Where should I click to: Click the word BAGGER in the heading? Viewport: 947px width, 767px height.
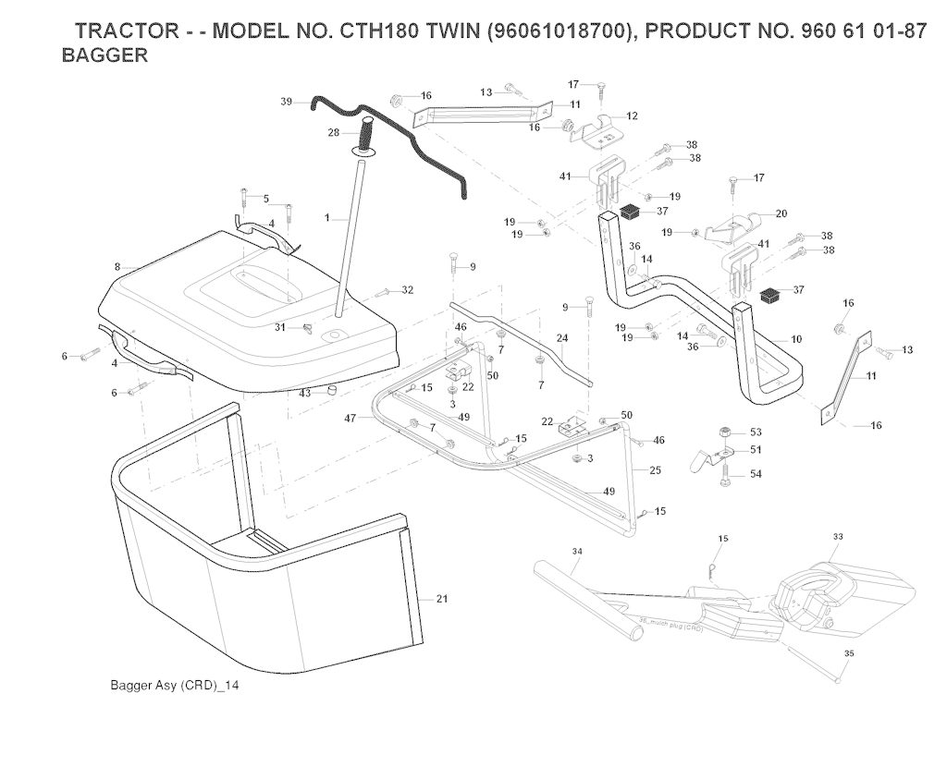click(x=104, y=55)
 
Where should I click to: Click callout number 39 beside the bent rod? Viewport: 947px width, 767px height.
click(x=286, y=102)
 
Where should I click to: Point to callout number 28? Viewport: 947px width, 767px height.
click(x=333, y=133)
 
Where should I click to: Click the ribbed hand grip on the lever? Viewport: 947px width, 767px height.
click(x=366, y=140)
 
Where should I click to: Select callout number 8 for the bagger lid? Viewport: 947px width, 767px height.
click(x=117, y=267)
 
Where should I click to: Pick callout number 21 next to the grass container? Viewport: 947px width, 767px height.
click(x=441, y=599)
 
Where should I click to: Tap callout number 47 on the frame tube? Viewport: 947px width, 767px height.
click(x=351, y=419)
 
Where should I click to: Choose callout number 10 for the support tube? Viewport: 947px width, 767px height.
click(x=796, y=340)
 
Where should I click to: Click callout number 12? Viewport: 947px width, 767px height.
click(x=633, y=116)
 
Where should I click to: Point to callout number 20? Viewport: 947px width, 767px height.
click(x=781, y=213)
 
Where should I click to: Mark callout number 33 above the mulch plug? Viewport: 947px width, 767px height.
click(x=838, y=536)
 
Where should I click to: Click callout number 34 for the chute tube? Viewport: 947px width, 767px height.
click(x=576, y=551)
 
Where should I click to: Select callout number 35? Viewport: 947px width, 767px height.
click(x=850, y=653)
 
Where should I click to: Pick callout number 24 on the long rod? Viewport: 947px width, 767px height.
click(x=561, y=337)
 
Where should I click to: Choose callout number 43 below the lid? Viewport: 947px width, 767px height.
click(x=304, y=393)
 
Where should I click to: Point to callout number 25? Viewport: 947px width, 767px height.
click(x=655, y=471)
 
